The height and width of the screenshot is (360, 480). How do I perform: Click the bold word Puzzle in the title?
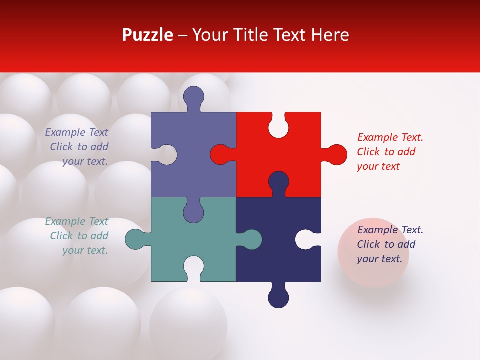tap(147, 35)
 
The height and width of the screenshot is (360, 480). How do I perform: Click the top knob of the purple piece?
tap(193, 97)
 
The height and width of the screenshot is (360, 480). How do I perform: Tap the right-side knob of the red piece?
tap(336, 154)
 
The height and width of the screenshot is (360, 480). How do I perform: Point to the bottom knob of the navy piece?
tap(278, 297)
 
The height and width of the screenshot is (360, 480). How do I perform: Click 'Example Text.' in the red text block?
tap(390, 137)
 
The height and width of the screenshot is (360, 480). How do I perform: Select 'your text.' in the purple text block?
tap(85, 161)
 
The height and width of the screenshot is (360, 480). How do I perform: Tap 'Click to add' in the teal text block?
tap(79, 236)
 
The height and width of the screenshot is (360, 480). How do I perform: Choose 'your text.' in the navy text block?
tap(379, 259)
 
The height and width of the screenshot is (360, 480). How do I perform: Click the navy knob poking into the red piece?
tap(278, 182)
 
